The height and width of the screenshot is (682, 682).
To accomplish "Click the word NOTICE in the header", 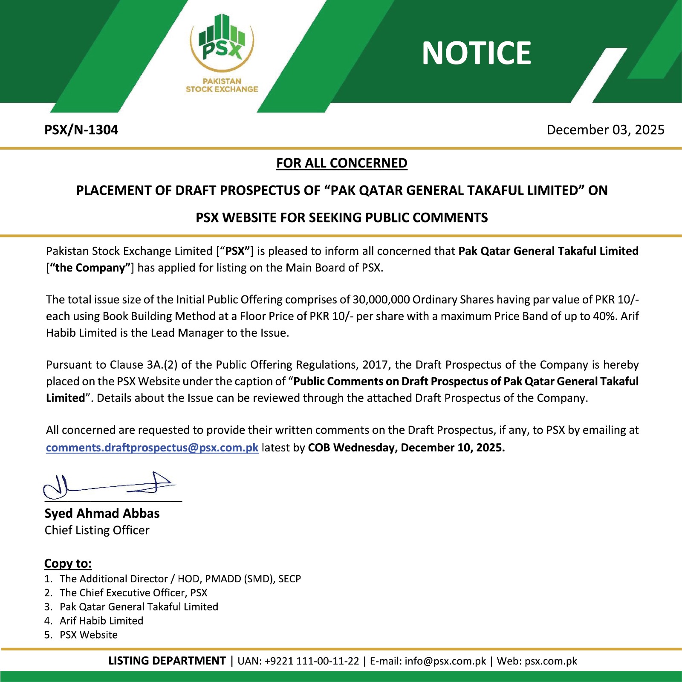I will [x=476, y=53].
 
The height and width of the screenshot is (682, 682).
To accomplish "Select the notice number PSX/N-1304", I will [x=81, y=130].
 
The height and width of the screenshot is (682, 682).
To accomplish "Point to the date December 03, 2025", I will [x=605, y=130].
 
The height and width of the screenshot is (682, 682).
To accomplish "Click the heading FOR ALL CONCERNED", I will [x=341, y=163].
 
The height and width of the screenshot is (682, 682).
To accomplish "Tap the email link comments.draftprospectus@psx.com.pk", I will [x=152, y=448].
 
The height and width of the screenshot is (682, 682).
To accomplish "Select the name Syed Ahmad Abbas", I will [x=102, y=513].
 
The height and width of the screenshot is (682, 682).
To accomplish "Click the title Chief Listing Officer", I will [x=97, y=530].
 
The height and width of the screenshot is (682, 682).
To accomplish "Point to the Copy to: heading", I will [x=68, y=564].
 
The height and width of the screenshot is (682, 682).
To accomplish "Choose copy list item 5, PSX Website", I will [x=88, y=635].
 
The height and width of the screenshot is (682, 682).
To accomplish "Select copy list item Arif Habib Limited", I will [x=101, y=621].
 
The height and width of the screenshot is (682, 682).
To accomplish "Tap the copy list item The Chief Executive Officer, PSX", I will [x=133, y=592].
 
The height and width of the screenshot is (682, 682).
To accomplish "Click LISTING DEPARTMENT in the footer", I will [x=167, y=661].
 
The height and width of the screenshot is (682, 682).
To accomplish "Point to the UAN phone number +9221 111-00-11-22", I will [x=312, y=661].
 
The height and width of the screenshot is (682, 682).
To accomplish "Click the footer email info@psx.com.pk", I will [x=445, y=661].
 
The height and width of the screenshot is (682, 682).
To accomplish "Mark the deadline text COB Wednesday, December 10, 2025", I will [x=406, y=448].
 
